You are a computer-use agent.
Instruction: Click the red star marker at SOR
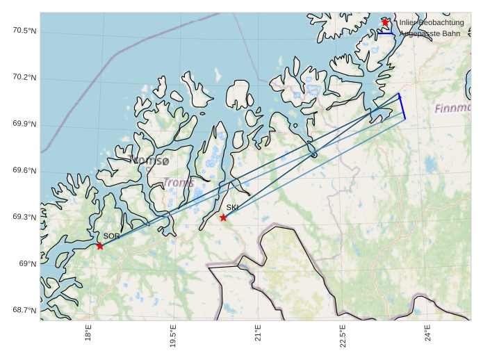coord(100,245)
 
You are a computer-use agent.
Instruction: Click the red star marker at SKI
coord(223,218)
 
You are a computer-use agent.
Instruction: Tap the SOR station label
coord(111,236)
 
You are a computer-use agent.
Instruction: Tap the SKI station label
coord(232,207)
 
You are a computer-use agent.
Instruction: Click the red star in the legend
coord(385,22)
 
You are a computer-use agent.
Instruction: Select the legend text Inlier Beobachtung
coord(431,23)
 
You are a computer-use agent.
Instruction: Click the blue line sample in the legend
coord(386,33)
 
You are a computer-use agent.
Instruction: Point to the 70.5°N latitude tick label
coord(24,31)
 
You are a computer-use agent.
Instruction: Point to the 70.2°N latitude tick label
coord(24,77)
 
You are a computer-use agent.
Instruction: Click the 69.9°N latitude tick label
coord(24,124)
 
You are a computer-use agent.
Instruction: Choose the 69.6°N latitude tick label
coord(24,171)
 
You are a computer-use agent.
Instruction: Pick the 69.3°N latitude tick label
coord(24,217)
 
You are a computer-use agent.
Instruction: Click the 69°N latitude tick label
coord(28,263)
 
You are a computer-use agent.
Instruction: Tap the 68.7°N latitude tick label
coord(24,310)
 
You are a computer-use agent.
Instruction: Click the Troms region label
coord(178,183)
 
